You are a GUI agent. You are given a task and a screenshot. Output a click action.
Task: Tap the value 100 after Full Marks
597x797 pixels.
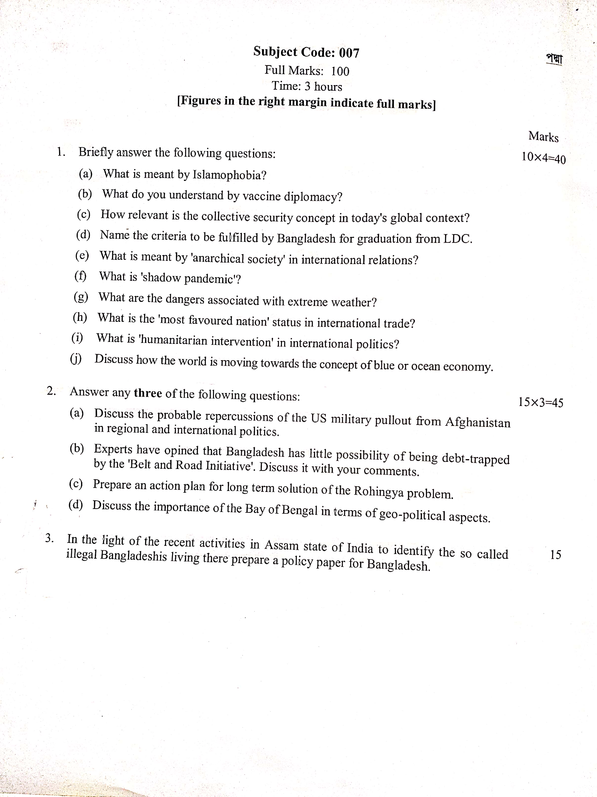(340, 71)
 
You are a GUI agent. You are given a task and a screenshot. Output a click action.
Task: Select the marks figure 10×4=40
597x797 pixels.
(544, 158)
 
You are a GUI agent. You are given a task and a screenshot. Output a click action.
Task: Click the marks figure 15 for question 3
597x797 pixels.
(555, 554)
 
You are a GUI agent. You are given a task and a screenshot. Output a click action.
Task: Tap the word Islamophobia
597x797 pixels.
(229, 175)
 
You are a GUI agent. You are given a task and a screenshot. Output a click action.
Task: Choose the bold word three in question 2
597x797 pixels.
(148, 393)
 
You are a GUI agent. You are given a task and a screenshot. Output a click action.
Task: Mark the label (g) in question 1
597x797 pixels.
(81, 297)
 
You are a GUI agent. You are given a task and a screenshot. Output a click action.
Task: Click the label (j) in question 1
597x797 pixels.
(76, 359)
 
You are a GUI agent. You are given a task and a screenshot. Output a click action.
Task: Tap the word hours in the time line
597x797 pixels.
(328, 87)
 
